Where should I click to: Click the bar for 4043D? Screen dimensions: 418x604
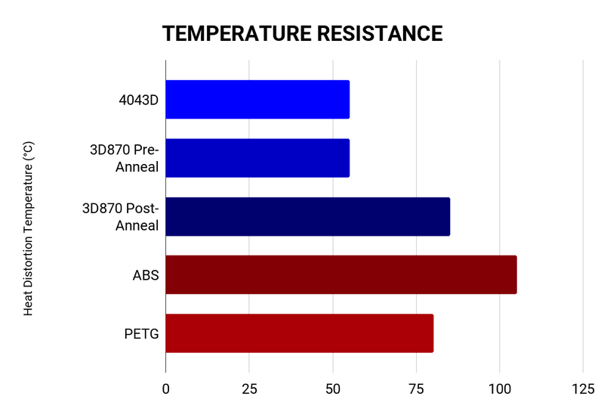(257, 100)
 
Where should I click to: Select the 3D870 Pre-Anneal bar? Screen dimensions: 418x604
(257, 158)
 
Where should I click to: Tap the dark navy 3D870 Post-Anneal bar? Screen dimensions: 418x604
(307, 216)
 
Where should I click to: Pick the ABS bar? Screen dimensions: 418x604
(341, 274)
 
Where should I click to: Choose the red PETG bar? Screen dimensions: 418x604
(299, 333)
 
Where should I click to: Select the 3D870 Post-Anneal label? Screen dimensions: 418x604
(122, 216)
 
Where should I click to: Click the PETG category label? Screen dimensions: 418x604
(142, 333)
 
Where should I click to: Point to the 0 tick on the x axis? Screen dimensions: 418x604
(165, 389)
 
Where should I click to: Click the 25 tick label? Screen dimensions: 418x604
(249, 389)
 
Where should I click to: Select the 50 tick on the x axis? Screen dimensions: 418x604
(333, 389)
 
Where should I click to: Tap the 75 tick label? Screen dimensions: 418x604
(416, 389)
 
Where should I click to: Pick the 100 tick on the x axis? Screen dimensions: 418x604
(500, 389)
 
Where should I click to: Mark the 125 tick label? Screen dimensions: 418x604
(583, 389)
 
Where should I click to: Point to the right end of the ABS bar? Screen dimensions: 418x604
(516, 274)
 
